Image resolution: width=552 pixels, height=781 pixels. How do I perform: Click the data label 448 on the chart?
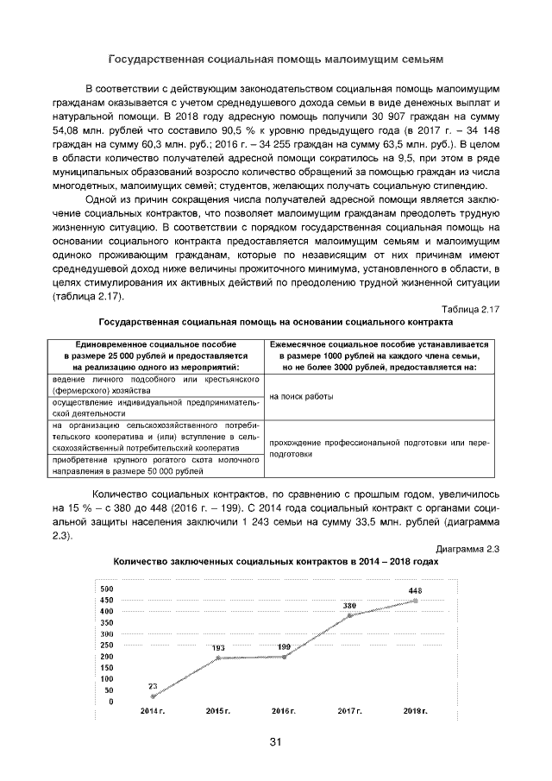[x=415, y=590]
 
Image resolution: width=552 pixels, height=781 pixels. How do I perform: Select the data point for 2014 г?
[x=154, y=696]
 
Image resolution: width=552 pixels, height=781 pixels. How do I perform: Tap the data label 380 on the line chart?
[x=349, y=606]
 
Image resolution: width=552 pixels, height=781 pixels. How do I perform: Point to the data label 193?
[x=218, y=647]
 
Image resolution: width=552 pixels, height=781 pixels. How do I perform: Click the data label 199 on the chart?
[x=284, y=646]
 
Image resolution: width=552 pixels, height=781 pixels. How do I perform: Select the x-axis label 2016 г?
[x=284, y=710]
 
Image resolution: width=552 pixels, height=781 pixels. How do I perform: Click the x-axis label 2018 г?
[x=416, y=710]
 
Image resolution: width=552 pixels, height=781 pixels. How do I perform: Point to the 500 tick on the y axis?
[x=107, y=589]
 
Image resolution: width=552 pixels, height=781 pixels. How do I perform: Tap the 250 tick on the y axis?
[x=107, y=646]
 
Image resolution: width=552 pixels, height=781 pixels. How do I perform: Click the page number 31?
[x=276, y=742]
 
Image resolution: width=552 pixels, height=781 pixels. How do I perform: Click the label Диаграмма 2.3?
[x=468, y=548]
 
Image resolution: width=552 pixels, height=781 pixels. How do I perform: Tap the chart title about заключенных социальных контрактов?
[x=276, y=561]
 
